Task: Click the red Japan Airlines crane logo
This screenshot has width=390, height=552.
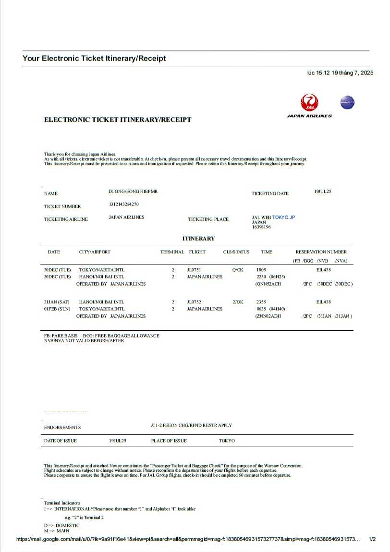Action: pyautogui.click(x=309, y=103)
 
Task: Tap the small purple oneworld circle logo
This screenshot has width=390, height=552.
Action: pyautogui.click(x=347, y=102)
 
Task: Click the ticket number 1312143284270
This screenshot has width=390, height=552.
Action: pyautogui.click(x=124, y=204)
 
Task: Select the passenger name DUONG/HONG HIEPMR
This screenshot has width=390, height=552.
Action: pyautogui.click(x=133, y=192)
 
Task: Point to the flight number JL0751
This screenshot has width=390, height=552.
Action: pyautogui.click(x=194, y=270)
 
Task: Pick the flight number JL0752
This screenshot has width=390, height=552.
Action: pyautogui.click(x=194, y=302)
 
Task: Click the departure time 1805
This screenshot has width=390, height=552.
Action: pyautogui.click(x=261, y=270)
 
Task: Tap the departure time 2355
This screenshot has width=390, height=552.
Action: pyautogui.click(x=261, y=302)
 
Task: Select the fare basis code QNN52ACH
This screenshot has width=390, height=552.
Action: pyautogui.click(x=269, y=284)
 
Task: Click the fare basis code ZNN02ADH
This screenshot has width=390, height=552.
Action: pyautogui.click(x=269, y=316)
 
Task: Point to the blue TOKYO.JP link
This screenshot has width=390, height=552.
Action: pyautogui.click(x=283, y=217)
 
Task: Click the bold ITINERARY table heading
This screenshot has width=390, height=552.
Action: pyautogui.click(x=198, y=239)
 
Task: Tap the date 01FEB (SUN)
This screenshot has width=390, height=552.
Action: pyautogui.click(x=57, y=309)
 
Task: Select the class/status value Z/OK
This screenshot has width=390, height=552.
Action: pyautogui.click(x=238, y=302)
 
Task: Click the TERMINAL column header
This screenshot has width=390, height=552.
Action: pyautogui.click(x=172, y=252)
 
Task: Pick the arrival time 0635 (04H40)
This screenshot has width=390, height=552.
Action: pyautogui.click(x=271, y=309)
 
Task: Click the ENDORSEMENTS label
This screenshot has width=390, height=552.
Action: pyautogui.click(x=62, y=427)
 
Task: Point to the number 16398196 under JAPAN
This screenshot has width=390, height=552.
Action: pyautogui.click(x=261, y=227)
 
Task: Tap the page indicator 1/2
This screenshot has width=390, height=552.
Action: pyautogui.click(x=372, y=539)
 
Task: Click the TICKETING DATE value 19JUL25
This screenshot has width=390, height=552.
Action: pyautogui.click(x=323, y=192)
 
